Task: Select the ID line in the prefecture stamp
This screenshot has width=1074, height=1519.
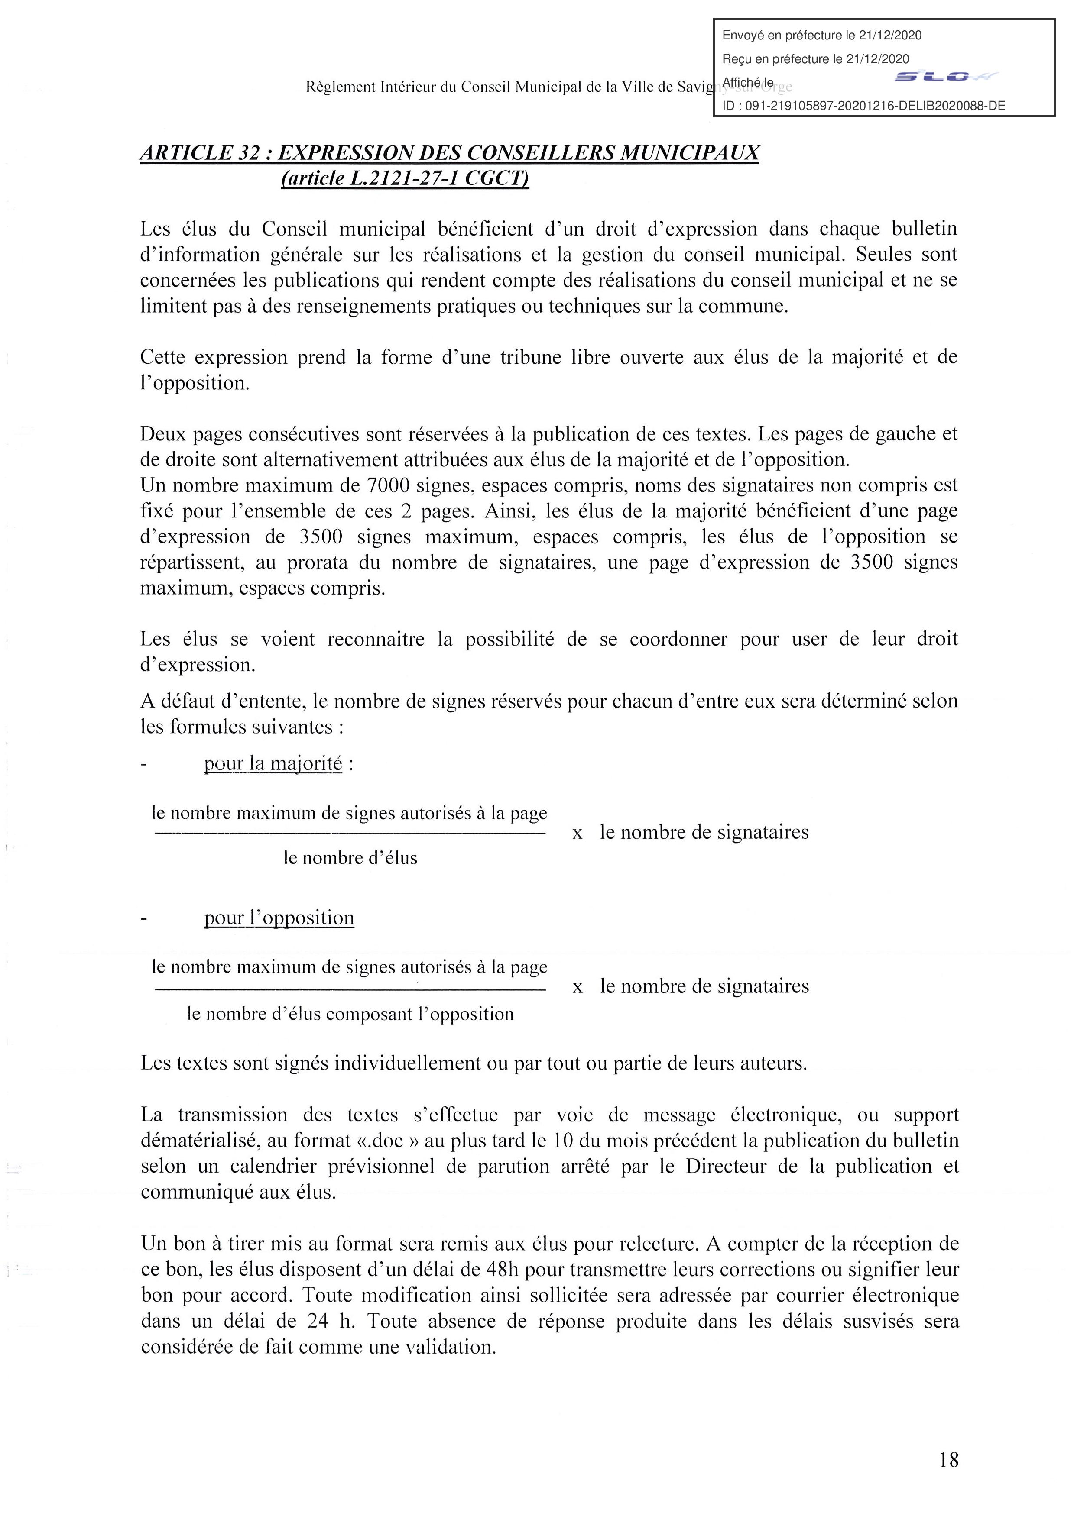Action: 863,105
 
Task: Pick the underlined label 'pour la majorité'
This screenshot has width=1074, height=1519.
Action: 273,765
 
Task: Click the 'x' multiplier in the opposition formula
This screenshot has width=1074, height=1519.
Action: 578,987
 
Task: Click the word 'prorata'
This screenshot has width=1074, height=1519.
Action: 320,562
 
